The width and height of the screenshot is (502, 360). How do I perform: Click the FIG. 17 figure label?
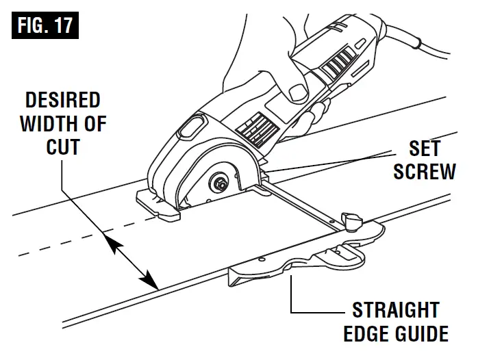[x=43, y=27]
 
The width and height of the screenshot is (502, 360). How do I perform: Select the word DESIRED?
[x=63, y=101]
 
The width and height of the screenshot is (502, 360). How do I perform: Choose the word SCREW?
[x=425, y=171]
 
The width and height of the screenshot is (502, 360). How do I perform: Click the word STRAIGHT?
[x=395, y=310]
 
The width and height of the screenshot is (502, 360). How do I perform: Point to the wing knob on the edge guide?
[x=354, y=220]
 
